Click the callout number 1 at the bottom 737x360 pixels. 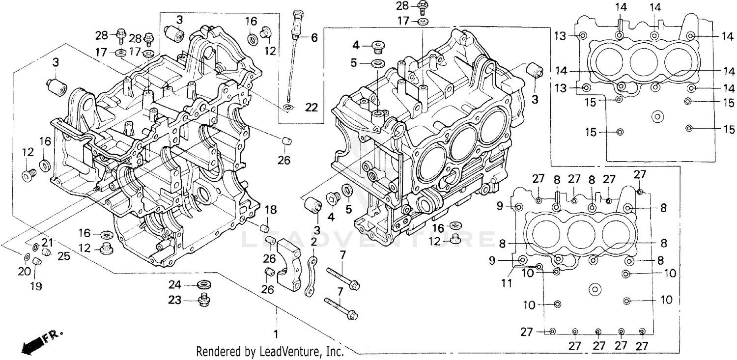276,335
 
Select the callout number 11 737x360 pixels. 507,283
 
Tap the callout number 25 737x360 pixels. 64,256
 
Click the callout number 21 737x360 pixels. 47,242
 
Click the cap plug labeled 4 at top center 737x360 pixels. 378,47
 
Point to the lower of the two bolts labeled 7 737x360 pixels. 340,307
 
